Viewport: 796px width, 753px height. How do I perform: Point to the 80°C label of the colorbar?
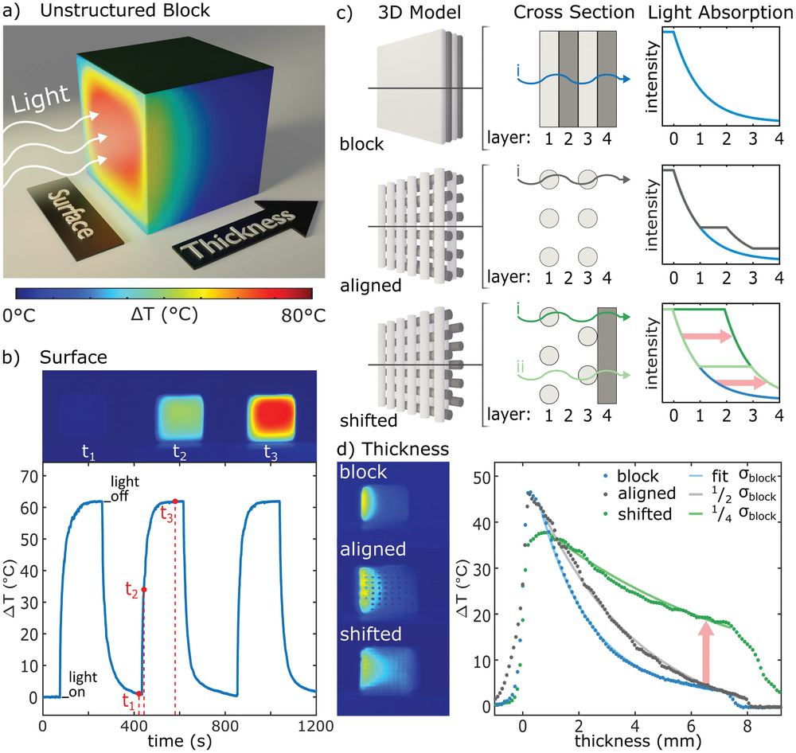point(302,316)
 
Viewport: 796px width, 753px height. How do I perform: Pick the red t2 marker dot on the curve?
point(144,590)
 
